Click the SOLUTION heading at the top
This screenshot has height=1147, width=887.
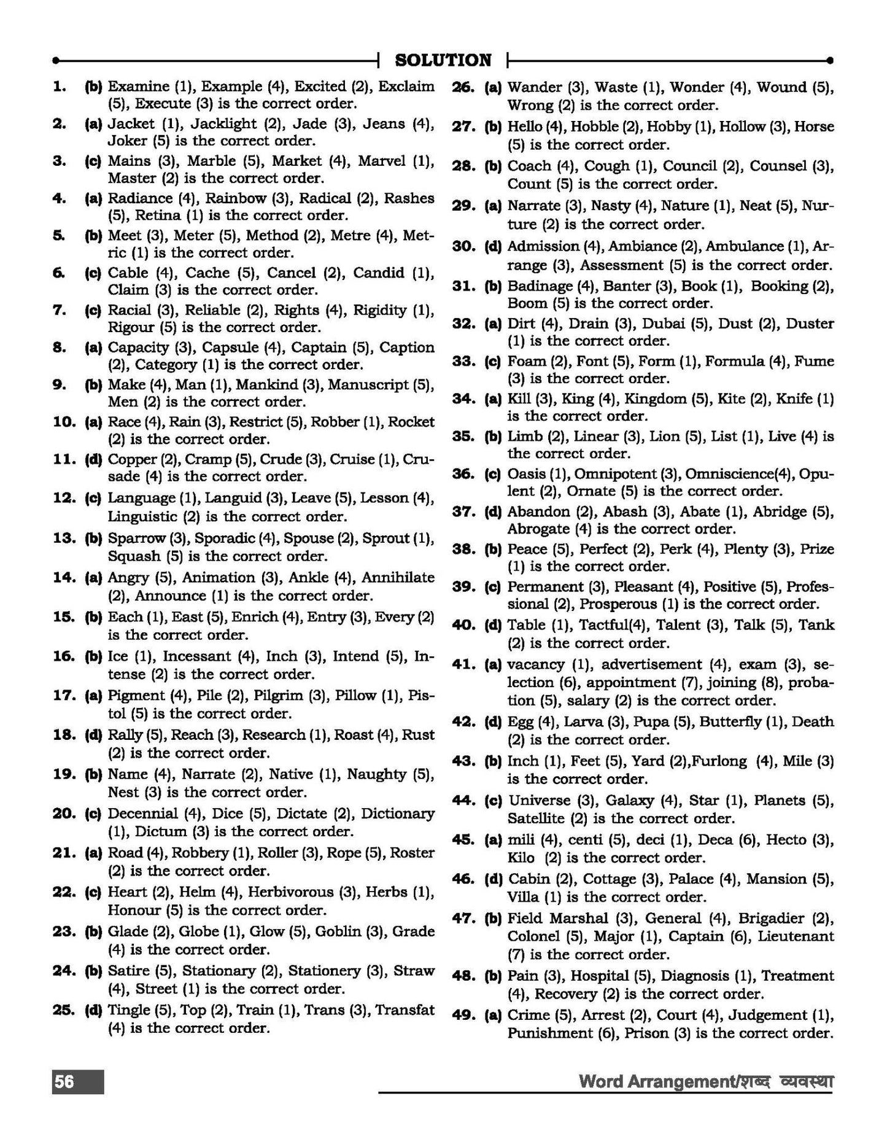click(443, 60)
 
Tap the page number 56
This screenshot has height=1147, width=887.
click(64, 1081)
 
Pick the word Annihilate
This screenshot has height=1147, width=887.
click(398, 578)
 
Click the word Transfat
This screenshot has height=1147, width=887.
click(405, 1010)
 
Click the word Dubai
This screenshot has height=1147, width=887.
click(662, 324)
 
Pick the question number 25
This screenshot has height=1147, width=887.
click(64, 1010)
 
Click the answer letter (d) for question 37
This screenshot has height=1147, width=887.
click(493, 512)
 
